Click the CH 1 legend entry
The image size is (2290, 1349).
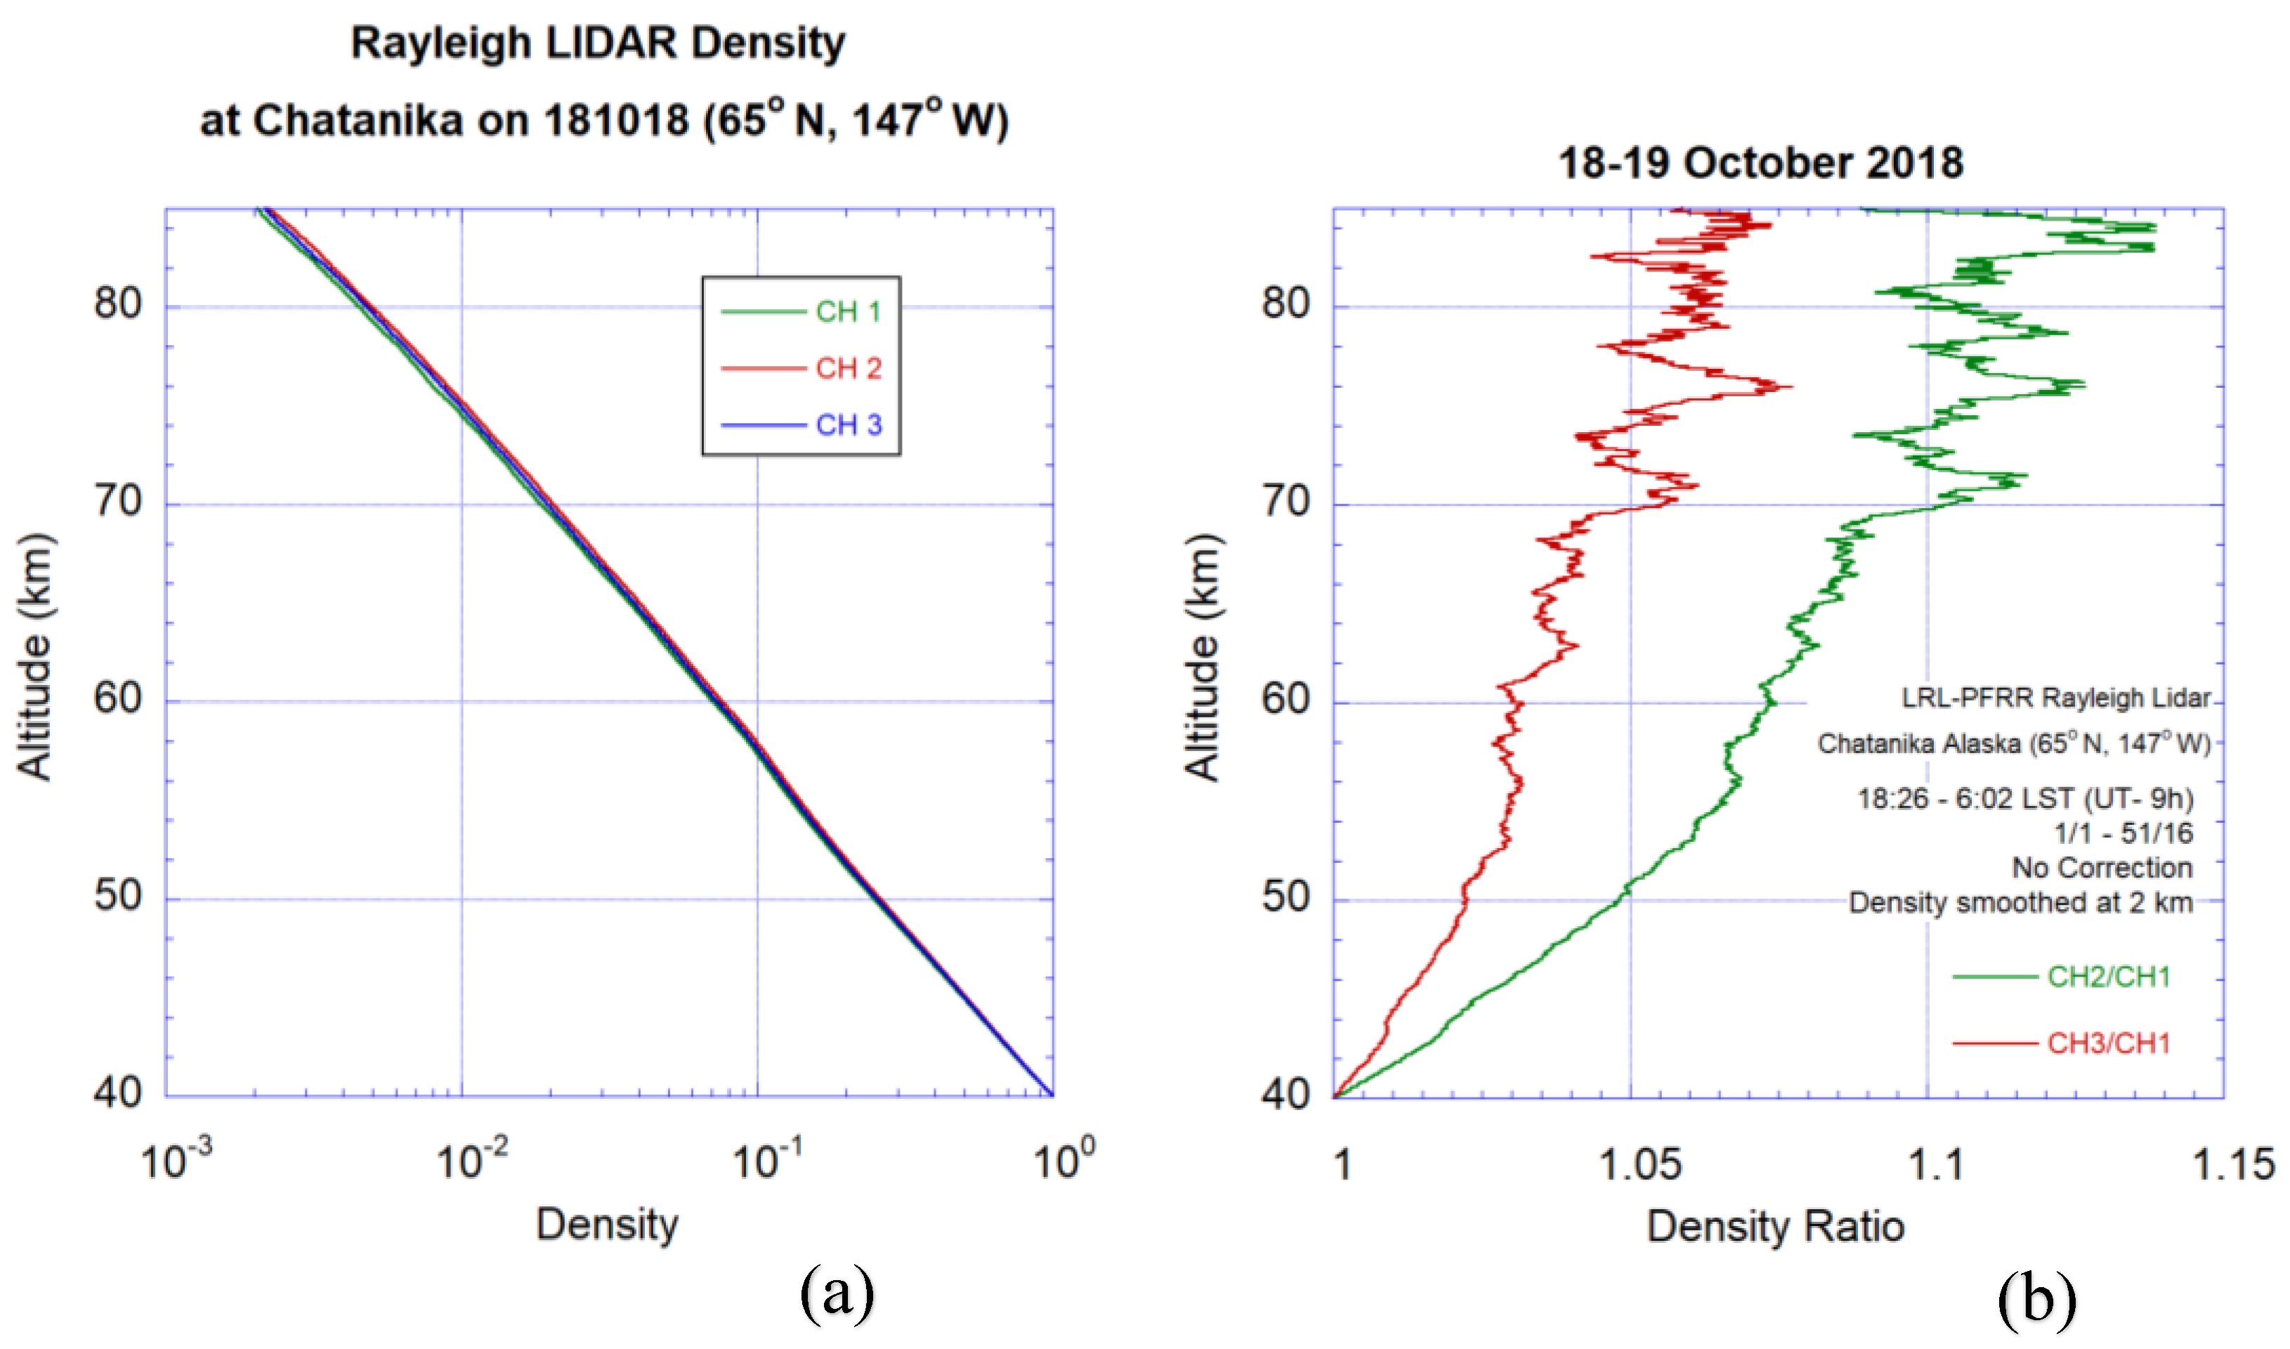[847, 312]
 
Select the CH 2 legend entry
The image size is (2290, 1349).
[847, 368]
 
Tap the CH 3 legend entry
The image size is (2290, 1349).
[847, 424]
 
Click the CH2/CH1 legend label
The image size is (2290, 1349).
[2108, 977]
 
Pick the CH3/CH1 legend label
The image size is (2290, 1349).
[2108, 1043]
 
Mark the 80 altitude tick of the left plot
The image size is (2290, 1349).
[118, 304]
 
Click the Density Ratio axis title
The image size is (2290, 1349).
[1774, 1227]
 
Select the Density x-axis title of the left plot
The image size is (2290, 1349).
[607, 1225]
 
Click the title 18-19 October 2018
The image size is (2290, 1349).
[1760, 164]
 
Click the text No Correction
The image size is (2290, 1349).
[2101, 868]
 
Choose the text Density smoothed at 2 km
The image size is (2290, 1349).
[2020, 904]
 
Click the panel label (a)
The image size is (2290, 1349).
[837, 1294]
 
